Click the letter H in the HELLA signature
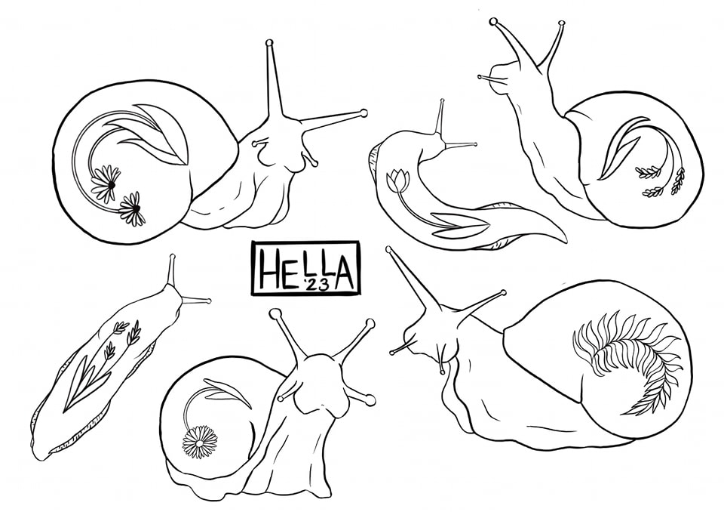[268, 269]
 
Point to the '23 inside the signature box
[315, 285]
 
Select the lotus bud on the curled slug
[397, 180]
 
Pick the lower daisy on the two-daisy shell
[132, 209]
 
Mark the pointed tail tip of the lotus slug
[565, 239]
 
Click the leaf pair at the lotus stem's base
[459, 224]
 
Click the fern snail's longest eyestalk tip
[389, 250]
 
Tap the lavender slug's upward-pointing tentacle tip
[173, 256]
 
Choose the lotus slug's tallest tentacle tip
[442, 101]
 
